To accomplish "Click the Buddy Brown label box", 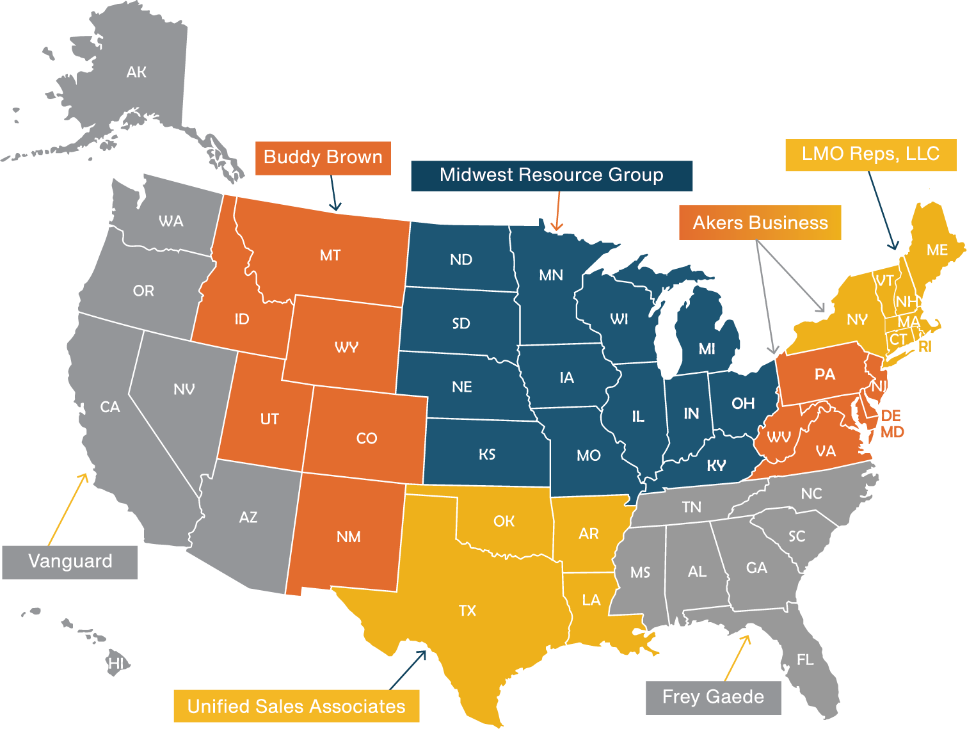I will pyautogui.click(x=323, y=157).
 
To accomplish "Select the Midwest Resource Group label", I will pyautogui.click(x=551, y=175).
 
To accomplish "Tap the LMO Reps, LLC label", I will pyautogui.click(x=870, y=154).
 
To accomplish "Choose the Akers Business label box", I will pyautogui.click(x=760, y=223).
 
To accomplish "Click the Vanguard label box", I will pyautogui.click(x=70, y=562).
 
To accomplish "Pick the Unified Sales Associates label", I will pyautogui.click(x=296, y=706).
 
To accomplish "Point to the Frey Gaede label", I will pyautogui.click(x=713, y=697).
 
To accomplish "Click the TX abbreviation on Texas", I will pyautogui.click(x=468, y=611).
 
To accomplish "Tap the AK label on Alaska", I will pyautogui.click(x=136, y=72).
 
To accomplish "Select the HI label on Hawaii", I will pyautogui.click(x=116, y=663).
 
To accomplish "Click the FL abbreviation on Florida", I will pyautogui.click(x=805, y=659).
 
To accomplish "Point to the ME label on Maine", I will pyautogui.click(x=937, y=250).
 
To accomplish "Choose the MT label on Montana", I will pyautogui.click(x=330, y=255).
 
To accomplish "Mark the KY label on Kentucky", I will pyautogui.click(x=716, y=465).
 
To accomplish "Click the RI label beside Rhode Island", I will pyautogui.click(x=925, y=347).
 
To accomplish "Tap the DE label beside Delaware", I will pyautogui.click(x=891, y=416).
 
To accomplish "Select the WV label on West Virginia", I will pyautogui.click(x=779, y=437).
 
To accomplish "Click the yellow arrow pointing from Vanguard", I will pyautogui.click(x=68, y=508).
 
